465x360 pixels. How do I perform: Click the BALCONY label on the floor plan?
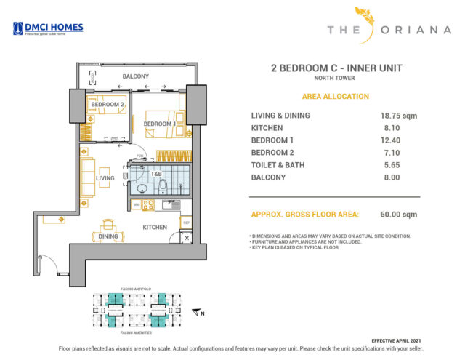tap(135, 76)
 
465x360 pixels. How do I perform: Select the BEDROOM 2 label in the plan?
tap(107, 104)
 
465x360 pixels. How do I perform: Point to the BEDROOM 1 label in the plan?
tap(158, 124)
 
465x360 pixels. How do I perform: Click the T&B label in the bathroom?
tap(155, 175)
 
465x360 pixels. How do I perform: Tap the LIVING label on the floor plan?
tap(106, 177)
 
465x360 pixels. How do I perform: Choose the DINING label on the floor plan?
tap(108, 236)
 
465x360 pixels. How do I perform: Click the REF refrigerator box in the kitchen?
tap(186, 223)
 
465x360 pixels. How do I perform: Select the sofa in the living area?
tap(88, 178)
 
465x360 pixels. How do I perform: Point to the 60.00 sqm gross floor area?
tap(399, 215)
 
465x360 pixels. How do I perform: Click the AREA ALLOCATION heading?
tap(335, 97)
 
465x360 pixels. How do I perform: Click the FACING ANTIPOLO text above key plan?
tap(136, 289)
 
